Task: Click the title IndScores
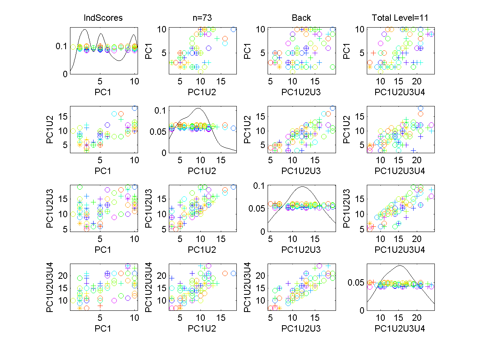103,18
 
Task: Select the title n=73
202,18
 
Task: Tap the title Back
302,18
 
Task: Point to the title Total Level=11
401,18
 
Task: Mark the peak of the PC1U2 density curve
199,108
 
